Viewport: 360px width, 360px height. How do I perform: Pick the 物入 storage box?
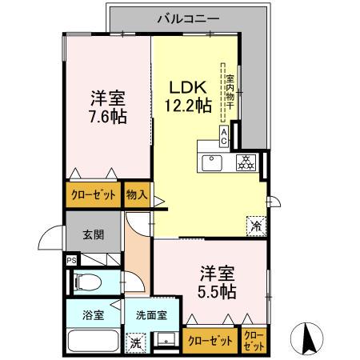point(137,194)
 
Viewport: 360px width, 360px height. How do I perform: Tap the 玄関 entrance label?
point(93,237)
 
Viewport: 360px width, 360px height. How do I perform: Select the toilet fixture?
point(88,282)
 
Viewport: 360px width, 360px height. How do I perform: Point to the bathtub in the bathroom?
point(93,342)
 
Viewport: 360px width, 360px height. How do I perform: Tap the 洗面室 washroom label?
point(150,315)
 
